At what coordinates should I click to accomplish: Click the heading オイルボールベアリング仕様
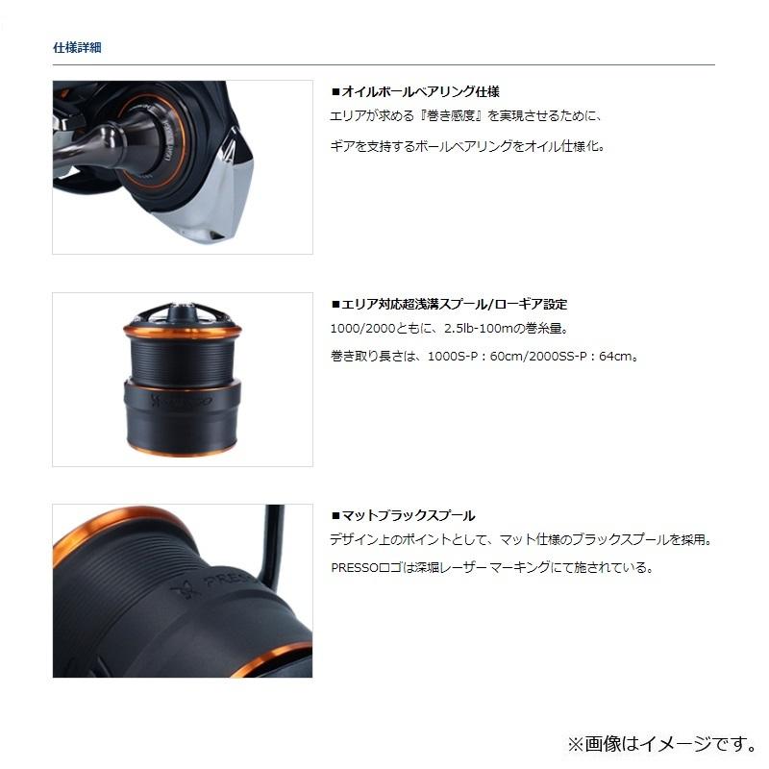pyautogui.click(x=414, y=92)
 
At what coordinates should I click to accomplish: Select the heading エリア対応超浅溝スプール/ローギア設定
pyautogui.click(x=448, y=304)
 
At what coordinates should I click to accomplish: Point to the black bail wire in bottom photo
pyautogui.click(x=276, y=548)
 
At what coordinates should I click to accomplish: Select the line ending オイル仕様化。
pyautogui.click(x=468, y=147)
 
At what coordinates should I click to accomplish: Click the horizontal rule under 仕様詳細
pyautogui.click(x=384, y=64)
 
